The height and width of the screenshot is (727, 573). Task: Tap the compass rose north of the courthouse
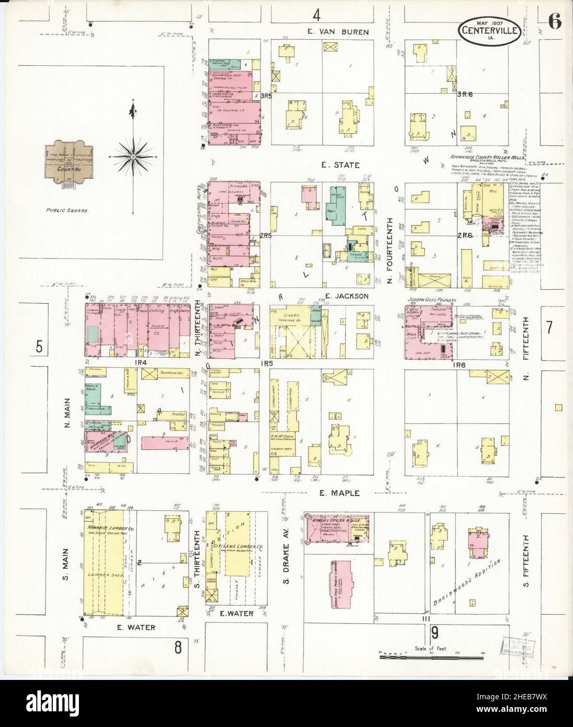[133, 156]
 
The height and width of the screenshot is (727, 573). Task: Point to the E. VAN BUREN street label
[338, 32]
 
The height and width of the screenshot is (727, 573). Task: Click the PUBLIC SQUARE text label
[70, 210]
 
